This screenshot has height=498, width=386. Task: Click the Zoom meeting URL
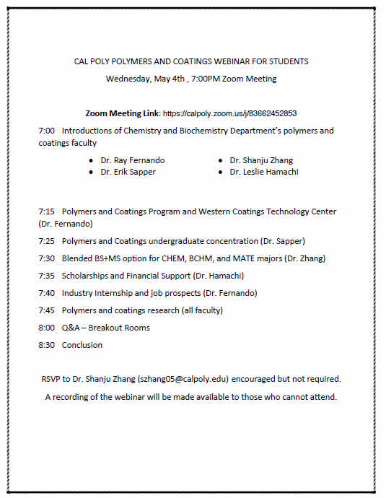point(229,114)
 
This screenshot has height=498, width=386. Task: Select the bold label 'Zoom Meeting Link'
point(122,114)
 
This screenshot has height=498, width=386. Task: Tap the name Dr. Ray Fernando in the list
point(128,160)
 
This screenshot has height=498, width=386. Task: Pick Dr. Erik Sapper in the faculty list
point(128,172)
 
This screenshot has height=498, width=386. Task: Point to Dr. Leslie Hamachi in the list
point(263,172)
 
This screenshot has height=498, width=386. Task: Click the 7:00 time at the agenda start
point(46,131)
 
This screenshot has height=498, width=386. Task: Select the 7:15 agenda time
point(46,212)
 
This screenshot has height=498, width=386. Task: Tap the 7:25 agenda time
point(46,241)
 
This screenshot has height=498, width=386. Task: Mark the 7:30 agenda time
point(46,258)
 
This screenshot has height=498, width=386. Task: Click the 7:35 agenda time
point(46,276)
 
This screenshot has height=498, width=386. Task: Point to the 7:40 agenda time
point(46,293)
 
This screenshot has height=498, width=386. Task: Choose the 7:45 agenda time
point(46,310)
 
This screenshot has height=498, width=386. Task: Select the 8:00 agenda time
point(46,328)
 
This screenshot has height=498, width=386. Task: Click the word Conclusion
point(82,345)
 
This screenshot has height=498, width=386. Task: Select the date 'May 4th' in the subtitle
point(169,79)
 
